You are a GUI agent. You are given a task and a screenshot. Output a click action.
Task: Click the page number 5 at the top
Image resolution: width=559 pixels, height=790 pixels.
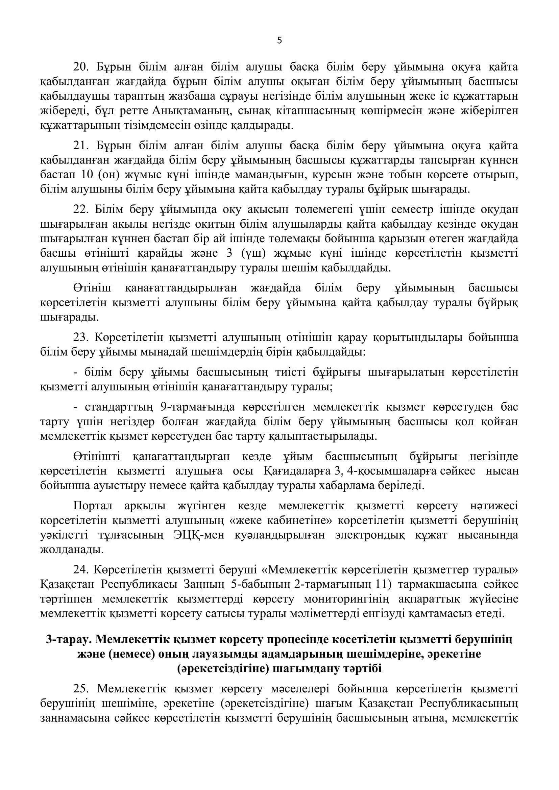click(x=279, y=41)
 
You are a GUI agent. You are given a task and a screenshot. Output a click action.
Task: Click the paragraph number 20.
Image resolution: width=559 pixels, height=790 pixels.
click(x=81, y=67)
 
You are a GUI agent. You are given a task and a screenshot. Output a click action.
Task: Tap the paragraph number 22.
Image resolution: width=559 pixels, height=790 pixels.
click(x=81, y=209)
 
